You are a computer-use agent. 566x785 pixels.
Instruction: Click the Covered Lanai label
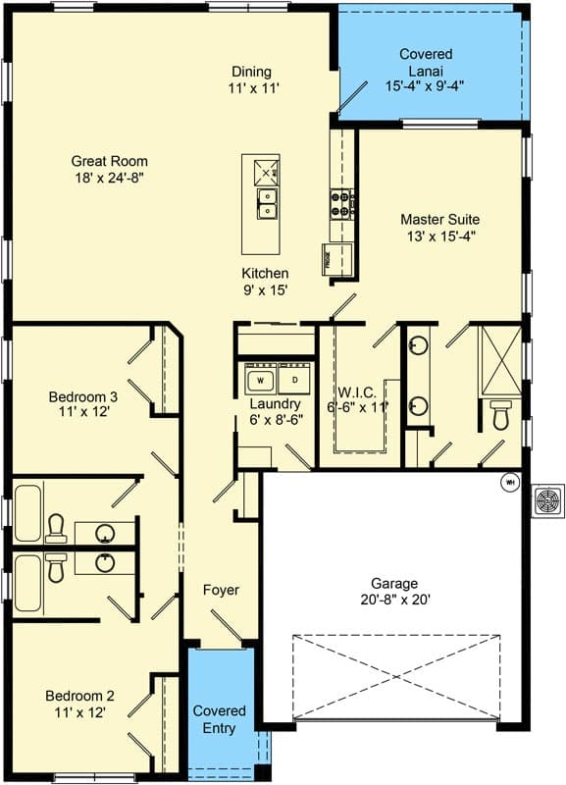click(425, 54)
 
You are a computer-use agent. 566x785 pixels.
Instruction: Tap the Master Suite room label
click(439, 220)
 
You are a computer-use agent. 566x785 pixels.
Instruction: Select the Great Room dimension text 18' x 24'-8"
click(108, 179)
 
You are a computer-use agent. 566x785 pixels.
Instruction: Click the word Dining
click(251, 72)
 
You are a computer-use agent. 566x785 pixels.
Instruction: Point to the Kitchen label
click(265, 273)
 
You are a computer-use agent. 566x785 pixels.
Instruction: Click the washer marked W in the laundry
click(261, 378)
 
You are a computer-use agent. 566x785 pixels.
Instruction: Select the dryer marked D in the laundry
click(294, 378)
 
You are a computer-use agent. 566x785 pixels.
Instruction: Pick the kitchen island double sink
click(266, 203)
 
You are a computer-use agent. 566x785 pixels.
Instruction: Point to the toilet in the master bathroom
click(500, 416)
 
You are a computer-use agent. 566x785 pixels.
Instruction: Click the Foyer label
click(221, 590)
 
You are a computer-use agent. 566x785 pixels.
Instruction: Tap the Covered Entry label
click(220, 718)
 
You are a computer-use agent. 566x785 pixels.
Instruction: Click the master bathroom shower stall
click(500, 359)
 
